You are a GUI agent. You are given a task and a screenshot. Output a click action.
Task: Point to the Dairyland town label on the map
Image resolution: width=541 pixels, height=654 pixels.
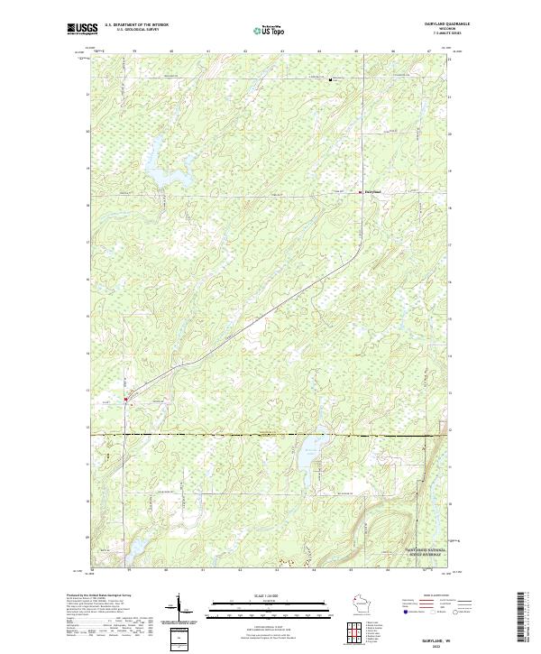click(x=372, y=190)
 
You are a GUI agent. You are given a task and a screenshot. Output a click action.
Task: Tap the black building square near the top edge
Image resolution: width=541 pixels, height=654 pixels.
click(x=332, y=80)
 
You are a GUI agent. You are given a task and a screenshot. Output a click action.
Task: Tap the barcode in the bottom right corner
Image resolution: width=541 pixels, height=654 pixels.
click(x=523, y=618)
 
